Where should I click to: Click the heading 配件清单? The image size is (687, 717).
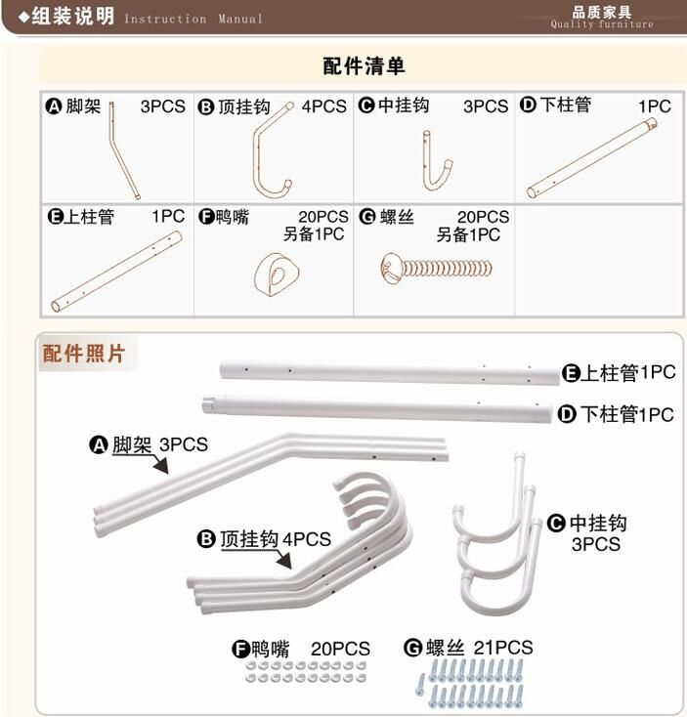[364, 65]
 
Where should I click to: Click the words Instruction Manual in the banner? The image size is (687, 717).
[193, 19]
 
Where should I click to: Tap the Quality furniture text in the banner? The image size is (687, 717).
[602, 24]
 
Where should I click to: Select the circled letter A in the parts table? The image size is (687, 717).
[54, 106]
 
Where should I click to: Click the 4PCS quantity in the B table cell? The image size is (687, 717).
[323, 106]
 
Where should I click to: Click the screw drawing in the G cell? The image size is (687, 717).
[437, 268]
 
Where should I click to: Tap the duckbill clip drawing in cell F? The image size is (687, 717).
[277, 274]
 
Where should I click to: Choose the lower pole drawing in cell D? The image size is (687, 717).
[592, 157]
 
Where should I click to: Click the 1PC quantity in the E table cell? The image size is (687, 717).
[168, 216]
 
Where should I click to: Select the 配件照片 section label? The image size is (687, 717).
[83, 354]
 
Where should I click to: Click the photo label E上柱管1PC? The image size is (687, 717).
[619, 373]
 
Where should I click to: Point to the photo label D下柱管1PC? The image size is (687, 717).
[616, 414]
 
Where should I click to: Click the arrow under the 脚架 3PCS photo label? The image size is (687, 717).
[159, 464]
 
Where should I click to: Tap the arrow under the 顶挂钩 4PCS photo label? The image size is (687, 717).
[282, 560]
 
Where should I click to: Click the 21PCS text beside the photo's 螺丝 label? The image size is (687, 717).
[503, 648]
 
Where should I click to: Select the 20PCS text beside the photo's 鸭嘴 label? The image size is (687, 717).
[340, 649]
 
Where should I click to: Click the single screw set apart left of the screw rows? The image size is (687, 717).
[420, 685]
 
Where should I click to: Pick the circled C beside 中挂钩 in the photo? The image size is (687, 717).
[556, 524]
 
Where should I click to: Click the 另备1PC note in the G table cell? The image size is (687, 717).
[468, 235]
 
